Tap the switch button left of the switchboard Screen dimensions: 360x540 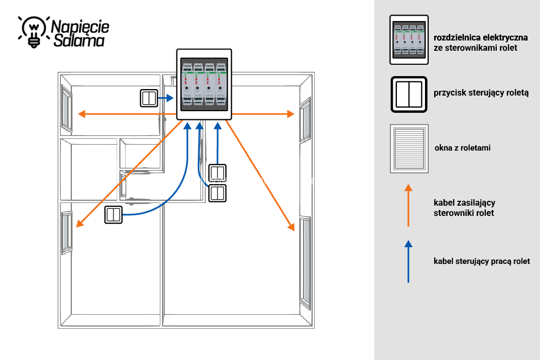[x=148, y=98]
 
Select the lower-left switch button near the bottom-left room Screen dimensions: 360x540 [x=113, y=215]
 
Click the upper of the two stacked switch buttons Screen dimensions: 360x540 [x=218, y=173]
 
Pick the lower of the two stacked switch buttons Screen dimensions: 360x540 [x=218, y=193]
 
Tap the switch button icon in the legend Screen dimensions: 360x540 [x=409, y=95]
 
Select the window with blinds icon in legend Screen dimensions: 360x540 [x=409, y=148]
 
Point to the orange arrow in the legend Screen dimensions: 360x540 [x=408, y=205]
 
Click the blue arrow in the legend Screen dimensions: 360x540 [x=408, y=262]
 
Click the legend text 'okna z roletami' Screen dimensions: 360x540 [x=462, y=148]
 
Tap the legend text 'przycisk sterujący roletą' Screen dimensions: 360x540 [x=481, y=93]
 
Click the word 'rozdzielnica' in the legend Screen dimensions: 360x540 [x=459, y=38]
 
